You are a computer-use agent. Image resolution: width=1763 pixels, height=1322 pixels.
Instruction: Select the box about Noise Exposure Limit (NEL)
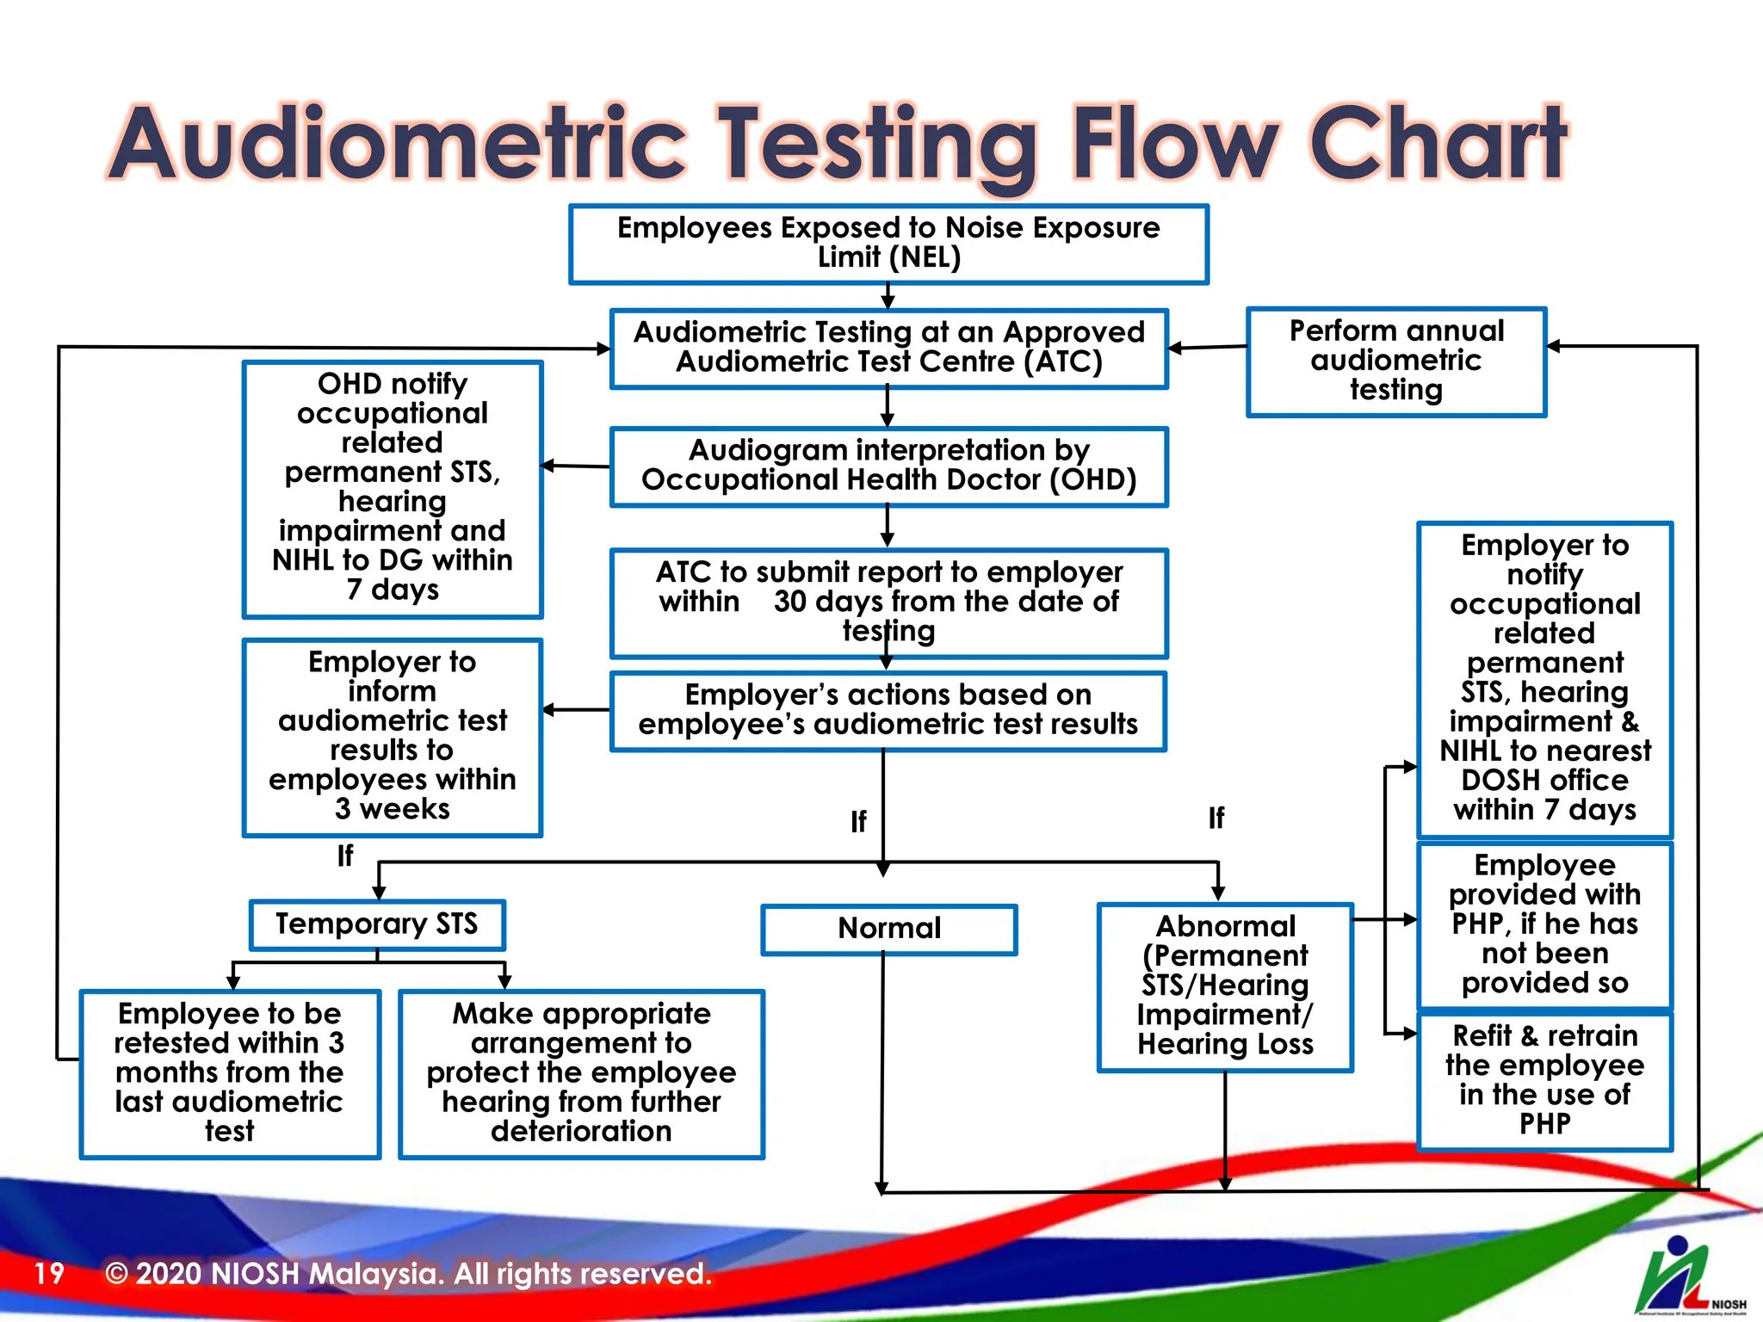click(x=888, y=244)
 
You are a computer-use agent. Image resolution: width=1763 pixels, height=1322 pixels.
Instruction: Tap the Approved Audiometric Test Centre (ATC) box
click(x=888, y=348)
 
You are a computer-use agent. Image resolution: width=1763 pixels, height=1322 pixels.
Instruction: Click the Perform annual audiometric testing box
click(x=1395, y=361)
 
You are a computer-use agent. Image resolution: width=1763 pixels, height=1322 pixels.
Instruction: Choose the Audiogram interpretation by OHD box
click(x=888, y=466)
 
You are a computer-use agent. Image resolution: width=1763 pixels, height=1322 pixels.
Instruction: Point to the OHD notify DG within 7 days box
click(x=393, y=488)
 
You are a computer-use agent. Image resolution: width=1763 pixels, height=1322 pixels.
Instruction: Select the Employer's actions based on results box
click(x=888, y=710)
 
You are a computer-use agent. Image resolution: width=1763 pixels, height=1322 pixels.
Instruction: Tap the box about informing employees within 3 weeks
click(x=393, y=736)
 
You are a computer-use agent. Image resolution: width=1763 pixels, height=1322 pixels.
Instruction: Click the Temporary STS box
click(x=376, y=924)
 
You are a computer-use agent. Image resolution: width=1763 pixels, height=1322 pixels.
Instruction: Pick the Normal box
click(x=888, y=929)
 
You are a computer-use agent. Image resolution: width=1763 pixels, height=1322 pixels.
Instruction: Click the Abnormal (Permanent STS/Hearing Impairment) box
click(x=1225, y=986)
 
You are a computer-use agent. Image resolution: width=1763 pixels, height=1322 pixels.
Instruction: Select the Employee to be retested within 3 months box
click(x=230, y=1072)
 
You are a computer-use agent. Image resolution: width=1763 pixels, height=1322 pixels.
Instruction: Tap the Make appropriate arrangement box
click(x=581, y=1072)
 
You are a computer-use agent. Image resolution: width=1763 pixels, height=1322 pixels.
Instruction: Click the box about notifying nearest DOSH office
click(x=1544, y=678)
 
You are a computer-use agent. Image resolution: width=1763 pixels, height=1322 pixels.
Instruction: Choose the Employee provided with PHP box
click(x=1544, y=924)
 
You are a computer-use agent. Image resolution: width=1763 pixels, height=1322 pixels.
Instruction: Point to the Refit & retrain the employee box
click(x=1544, y=1080)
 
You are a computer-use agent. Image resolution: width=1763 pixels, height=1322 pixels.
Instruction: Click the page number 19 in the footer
click(x=49, y=1273)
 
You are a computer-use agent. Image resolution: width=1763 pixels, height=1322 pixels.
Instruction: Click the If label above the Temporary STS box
click(x=345, y=856)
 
